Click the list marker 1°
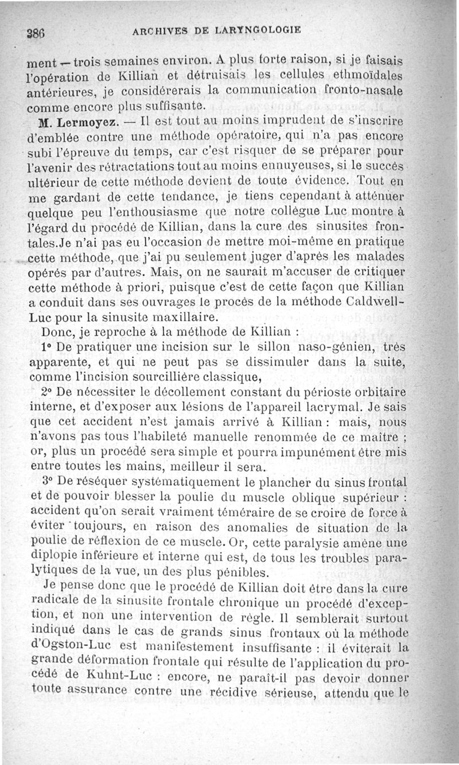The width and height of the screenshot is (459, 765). (47, 347)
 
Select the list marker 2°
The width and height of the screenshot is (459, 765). (47, 393)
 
